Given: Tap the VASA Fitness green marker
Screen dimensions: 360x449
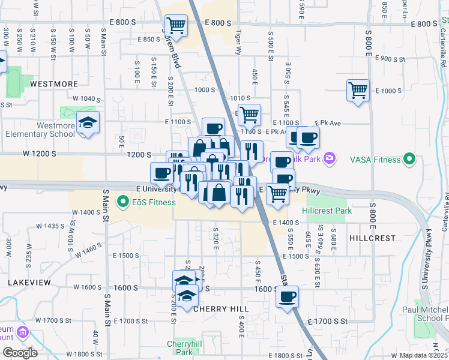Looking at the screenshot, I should pos(409,160).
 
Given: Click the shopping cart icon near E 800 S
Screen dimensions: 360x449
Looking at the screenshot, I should pos(176,25).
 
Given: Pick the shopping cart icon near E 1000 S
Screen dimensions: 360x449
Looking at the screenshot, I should pos(358,91).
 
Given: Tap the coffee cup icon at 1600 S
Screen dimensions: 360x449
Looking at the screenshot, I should pos(288,296).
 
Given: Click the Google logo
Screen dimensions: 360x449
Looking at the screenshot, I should pos(20,353).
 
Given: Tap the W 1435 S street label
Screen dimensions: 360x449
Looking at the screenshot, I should pos(50,226).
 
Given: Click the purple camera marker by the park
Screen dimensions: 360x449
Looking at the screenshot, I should pos(329,158).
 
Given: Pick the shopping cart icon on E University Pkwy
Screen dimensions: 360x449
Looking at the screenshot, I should pos(277,194).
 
